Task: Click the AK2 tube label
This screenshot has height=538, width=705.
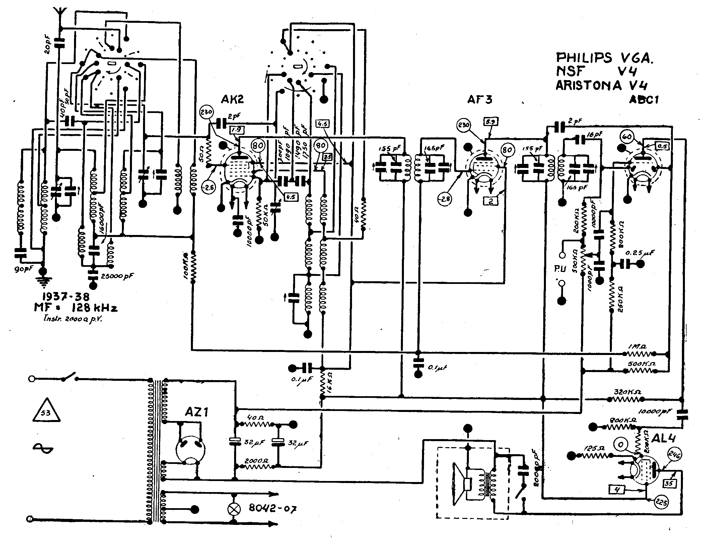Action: click(232, 99)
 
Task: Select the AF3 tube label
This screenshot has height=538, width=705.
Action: click(480, 100)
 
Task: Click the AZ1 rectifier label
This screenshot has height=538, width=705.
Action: click(197, 412)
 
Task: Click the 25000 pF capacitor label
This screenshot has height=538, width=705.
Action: click(117, 277)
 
